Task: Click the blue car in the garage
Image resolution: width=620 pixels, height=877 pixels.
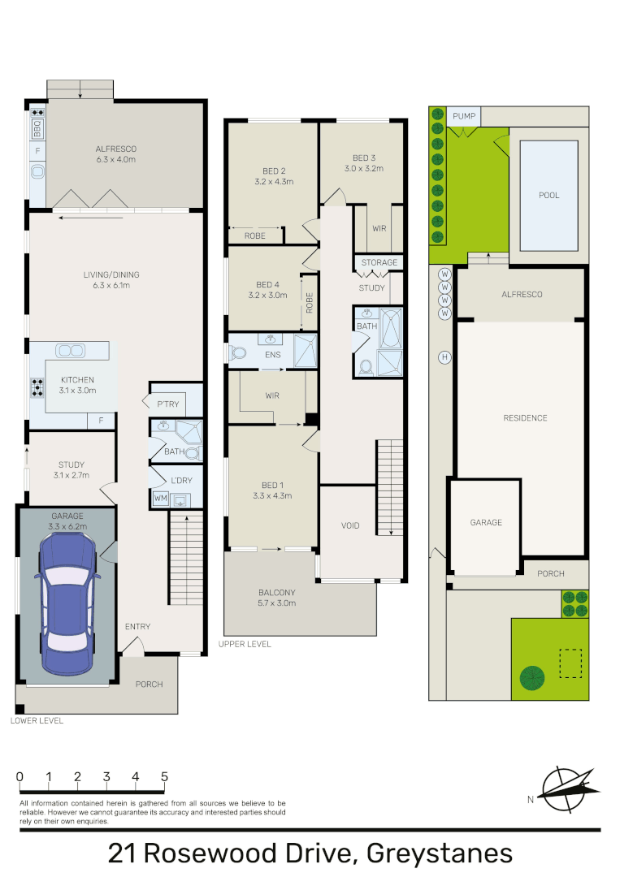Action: pos(66,601)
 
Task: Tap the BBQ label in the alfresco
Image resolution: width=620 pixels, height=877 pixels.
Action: pos(37,128)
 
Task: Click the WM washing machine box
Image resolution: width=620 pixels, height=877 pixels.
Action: pos(159,498)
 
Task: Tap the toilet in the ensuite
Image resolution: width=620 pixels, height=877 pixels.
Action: pos(237,353)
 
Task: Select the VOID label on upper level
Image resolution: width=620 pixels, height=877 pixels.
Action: pos(349,525)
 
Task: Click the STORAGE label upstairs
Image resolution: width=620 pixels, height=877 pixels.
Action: pos(379,262)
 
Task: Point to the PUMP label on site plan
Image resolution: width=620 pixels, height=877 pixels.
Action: pos(463,117)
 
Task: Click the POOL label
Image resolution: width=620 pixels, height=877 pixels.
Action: pos(548,196)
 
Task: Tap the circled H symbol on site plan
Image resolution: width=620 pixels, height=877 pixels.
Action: pos(444,356)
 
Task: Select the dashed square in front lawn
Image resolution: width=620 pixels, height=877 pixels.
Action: pos(570,662)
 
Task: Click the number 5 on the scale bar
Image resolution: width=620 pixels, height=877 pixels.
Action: pos(164,776)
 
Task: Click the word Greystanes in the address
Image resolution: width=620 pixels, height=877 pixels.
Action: pos(440,853)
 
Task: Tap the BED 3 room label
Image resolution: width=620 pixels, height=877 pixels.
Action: pos(363,158)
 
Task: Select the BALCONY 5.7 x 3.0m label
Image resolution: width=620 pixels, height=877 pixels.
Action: pos(277,597)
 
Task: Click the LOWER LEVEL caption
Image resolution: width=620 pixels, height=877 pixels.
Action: pos(37,720)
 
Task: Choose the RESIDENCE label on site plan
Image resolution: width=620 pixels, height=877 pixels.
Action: pos(524,418)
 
